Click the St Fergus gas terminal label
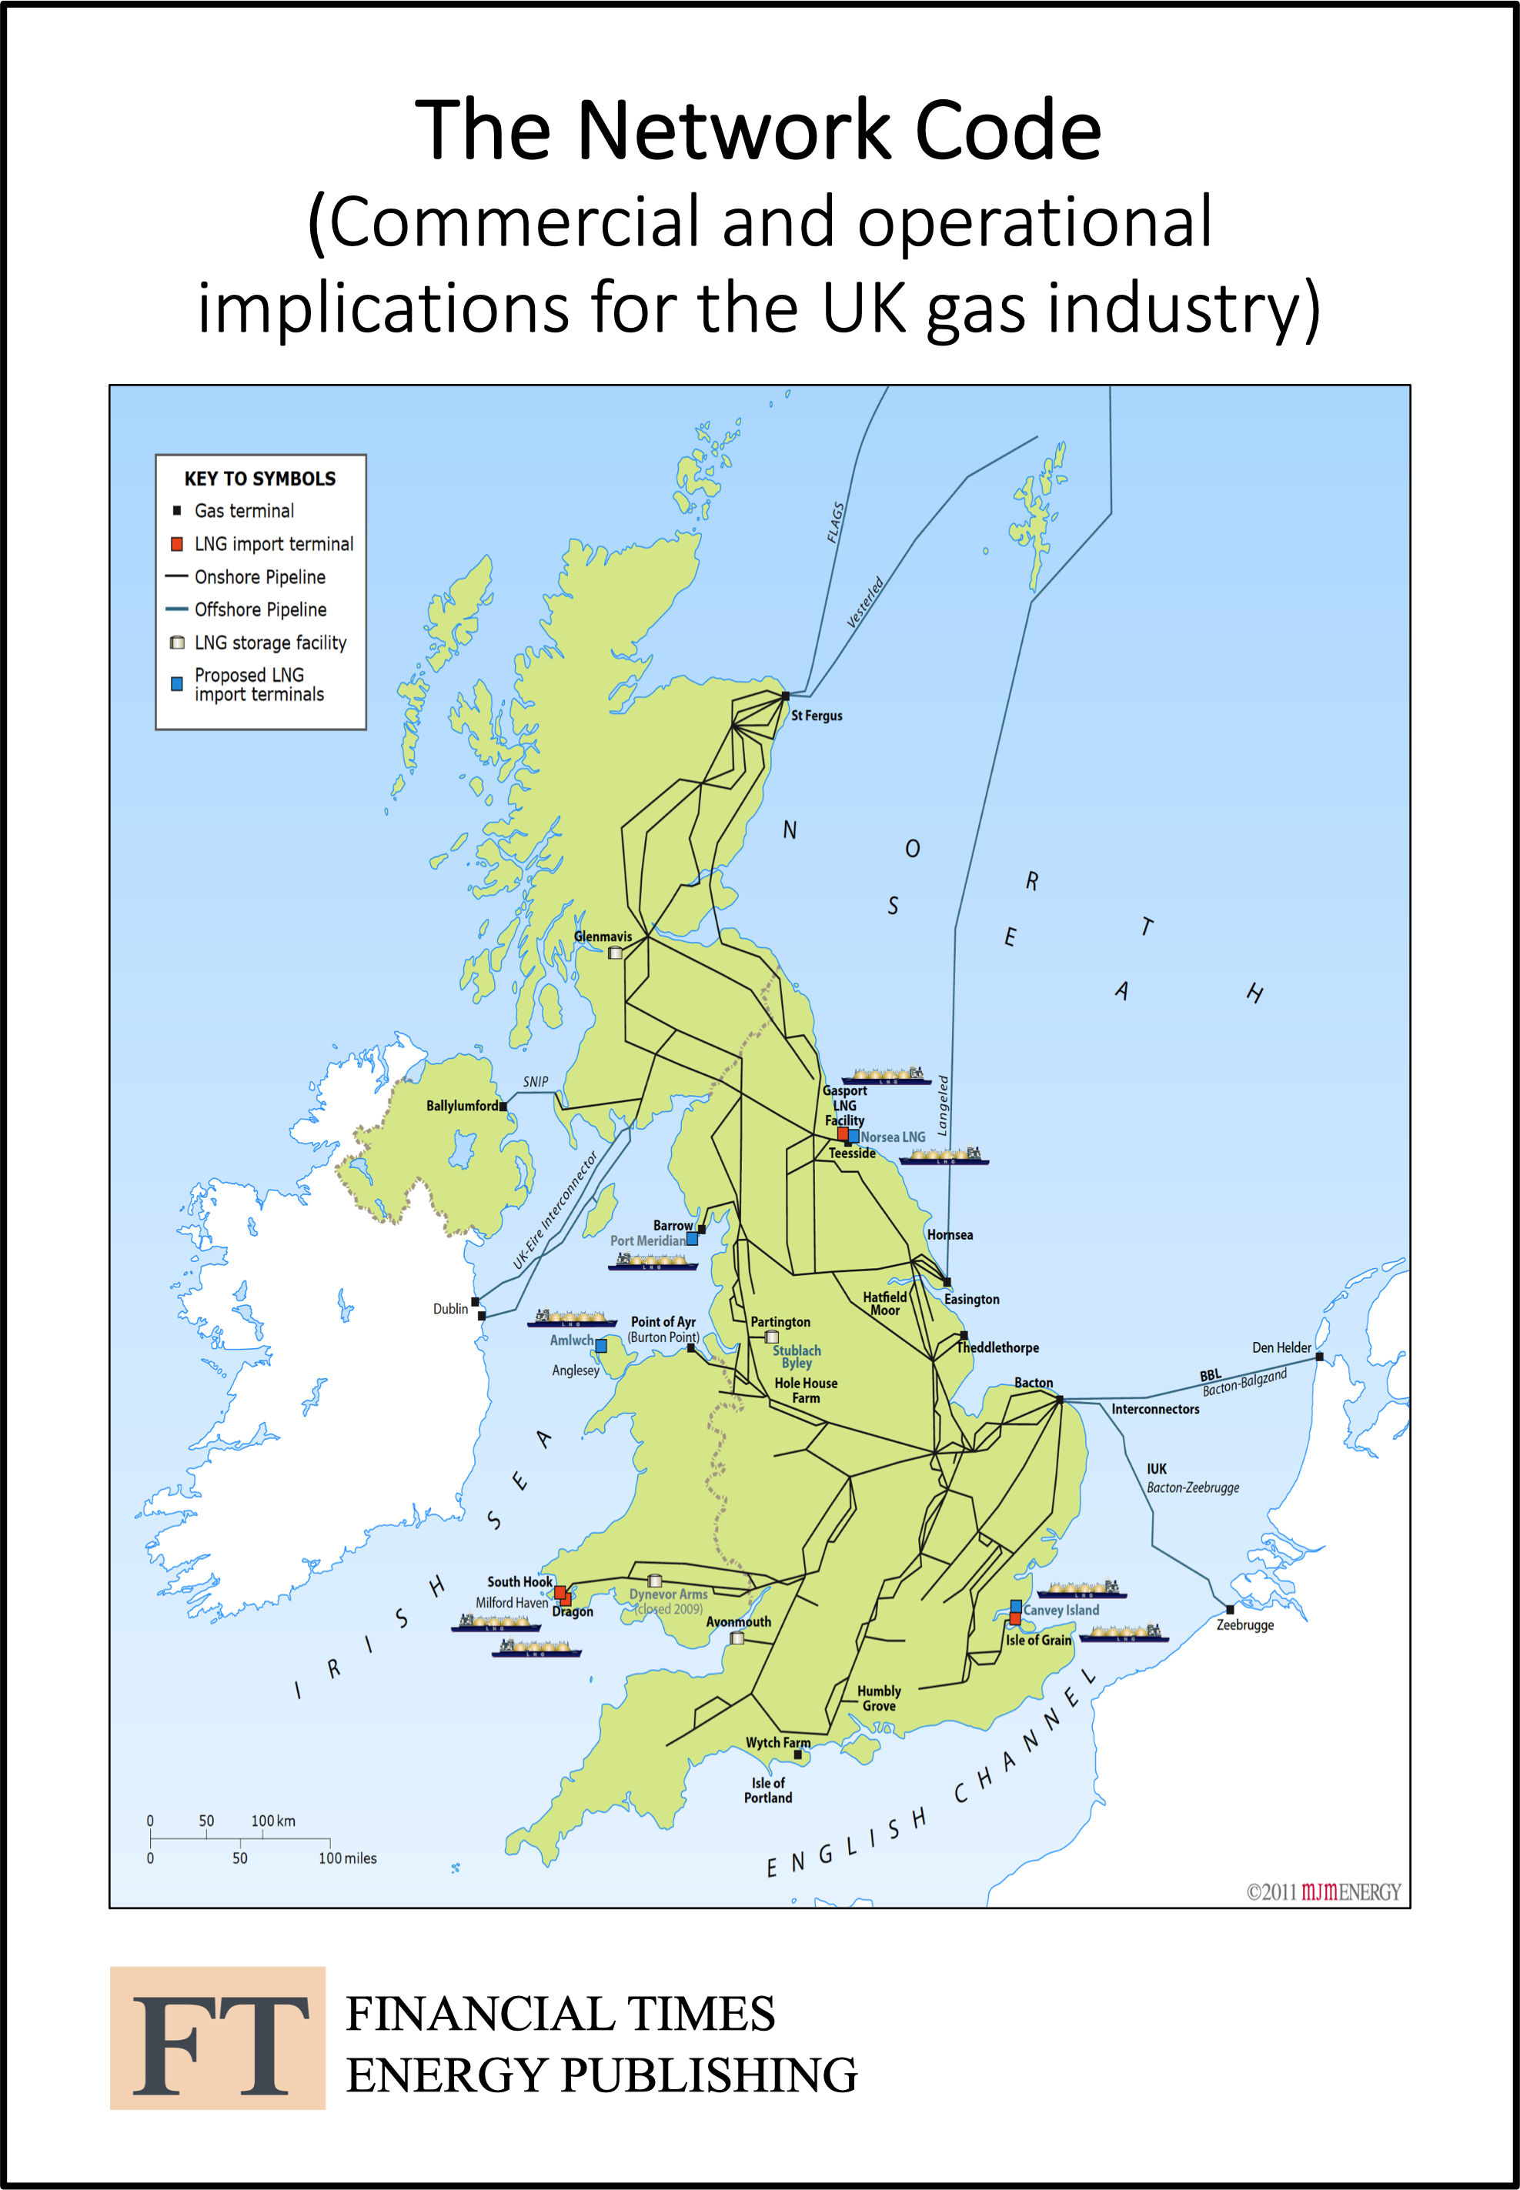coord(817,715)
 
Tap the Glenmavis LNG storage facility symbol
coord(615,952)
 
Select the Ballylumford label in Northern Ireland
coord(462,1106)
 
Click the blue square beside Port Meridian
coord(693,1240)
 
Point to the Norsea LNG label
coord(894,1137)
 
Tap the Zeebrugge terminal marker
coord(1230,1609)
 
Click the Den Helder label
coord(1281,1347)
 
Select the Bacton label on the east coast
coord(1034,1383)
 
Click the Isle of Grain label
coord(1038,1640)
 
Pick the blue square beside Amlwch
coord(601,1345)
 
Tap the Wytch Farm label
coord(777,1742)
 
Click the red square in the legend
coord(176,544)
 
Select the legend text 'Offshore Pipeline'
coord(260,609)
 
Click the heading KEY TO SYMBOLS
coord(260,478)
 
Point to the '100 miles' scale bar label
coord(348,1858)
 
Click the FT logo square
coord(217,2038)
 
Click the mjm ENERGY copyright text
coord(1324,1891)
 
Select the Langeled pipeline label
coord(943,1104)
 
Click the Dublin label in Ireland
coord(450,1308)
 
